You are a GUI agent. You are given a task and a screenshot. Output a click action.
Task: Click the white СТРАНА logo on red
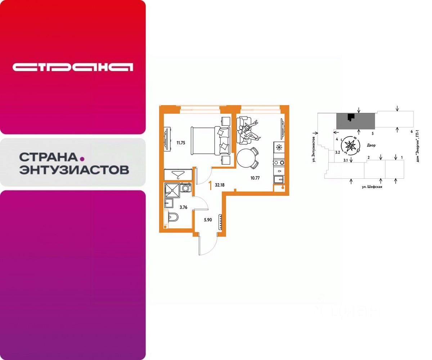point(73,67)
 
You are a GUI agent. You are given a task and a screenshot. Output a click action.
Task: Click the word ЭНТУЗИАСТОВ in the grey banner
point(74,170)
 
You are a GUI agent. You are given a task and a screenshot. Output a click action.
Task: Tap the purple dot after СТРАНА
point(82,158)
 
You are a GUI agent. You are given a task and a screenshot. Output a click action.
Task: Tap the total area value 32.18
point(220,186)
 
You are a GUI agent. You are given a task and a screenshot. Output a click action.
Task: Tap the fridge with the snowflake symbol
point(279,148)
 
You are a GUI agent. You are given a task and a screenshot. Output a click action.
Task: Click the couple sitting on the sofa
point(248,131)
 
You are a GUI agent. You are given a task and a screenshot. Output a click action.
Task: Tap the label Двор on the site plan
point(371,145)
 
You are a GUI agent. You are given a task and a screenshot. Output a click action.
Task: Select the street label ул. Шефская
point(372,187)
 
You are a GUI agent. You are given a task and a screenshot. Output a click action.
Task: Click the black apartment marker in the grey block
point(351,117)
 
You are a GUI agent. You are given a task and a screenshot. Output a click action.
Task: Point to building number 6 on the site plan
point(411,132)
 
